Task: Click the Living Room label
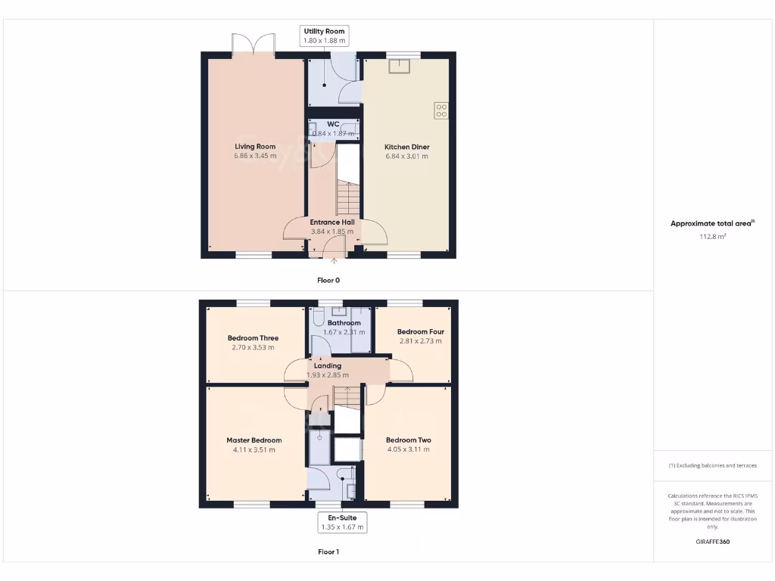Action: pyautogui.click(x=254, y=147)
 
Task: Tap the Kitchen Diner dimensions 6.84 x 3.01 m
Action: pyautogui.click(x=406, y=157)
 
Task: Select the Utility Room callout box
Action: pyautogui.click(x=325, y=36)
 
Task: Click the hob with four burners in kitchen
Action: pyautogui.click(x=442, y=111)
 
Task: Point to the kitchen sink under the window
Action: pyautogui.click(x=399, y=67)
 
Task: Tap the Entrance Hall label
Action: pyautogui.click(x=331, y=222)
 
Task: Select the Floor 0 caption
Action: pyautogui.click(x=328, y=280)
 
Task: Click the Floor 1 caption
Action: pyautogui.click(x=328, y=552)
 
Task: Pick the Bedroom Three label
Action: pyautogui.click(x=253, y=338)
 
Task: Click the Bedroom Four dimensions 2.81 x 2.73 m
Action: pyautogui.click(x=420, y=341)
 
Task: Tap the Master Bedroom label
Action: pyautogui.click(x=254, y=440)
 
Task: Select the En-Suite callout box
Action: pyautogui.click(x=342, y=522)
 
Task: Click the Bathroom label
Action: pyautogui.click(x=344, y=323)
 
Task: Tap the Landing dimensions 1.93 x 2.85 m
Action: pyautogui.click(x=328, y=375)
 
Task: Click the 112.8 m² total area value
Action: pyautogui.click(x=712, y=236)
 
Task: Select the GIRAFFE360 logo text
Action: pyautogui.click(x=712, y=542)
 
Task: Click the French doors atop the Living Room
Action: pyautogui.click(x=252, y=44)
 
